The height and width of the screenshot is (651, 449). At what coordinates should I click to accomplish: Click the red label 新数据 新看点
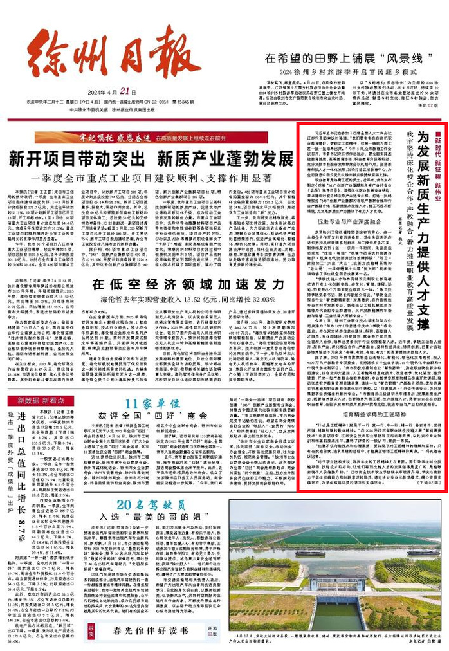pos(41,400)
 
